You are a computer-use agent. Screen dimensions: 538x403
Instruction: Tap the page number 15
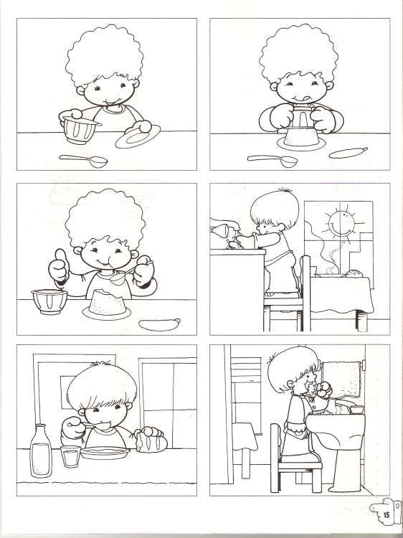click(386, 514)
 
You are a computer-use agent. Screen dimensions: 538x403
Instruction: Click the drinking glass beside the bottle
click(70, 456)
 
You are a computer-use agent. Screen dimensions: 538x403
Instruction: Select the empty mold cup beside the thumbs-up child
click(49, 301)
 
